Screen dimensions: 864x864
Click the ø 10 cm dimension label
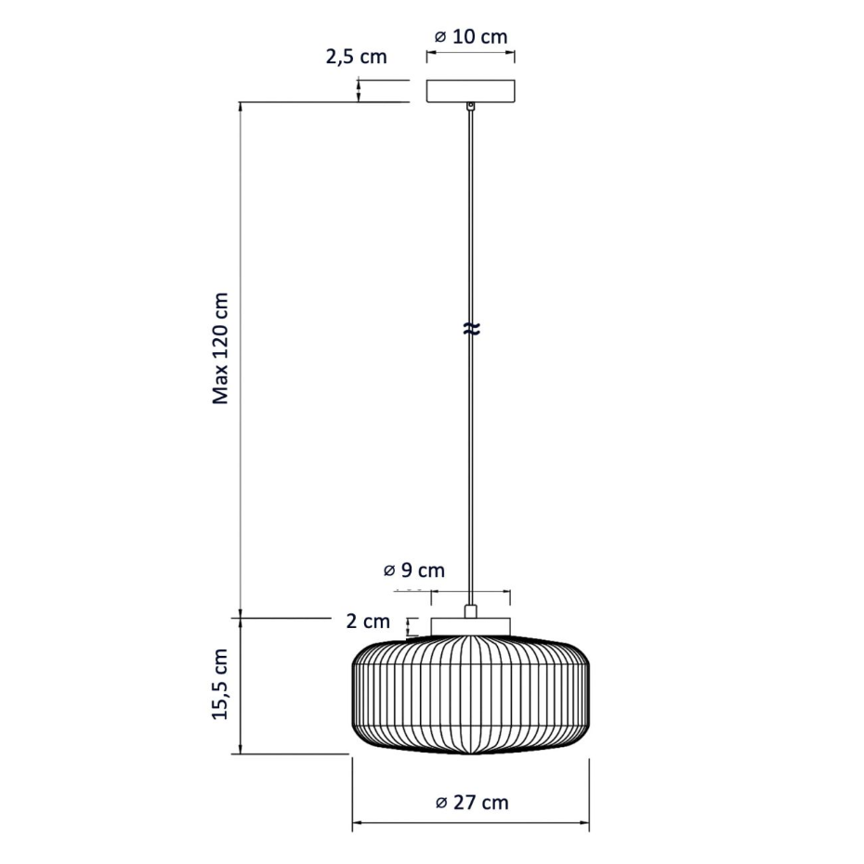(x=471, y=37)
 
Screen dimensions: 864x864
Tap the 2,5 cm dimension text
(x=356, y=57)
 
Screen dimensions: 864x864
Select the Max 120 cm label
(x=220, y=348)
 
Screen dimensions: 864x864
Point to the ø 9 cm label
(x=413, y=569)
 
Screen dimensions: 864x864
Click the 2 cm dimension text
(x=368, y=621)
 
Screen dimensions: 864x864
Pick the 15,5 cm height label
(x=220, y=683)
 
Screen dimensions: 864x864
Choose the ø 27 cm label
(x=472, y=803)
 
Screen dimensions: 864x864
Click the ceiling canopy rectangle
(x=471, y=91)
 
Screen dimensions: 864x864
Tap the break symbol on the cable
(x=471, y=329)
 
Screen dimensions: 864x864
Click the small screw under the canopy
(x=471, y=105)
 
